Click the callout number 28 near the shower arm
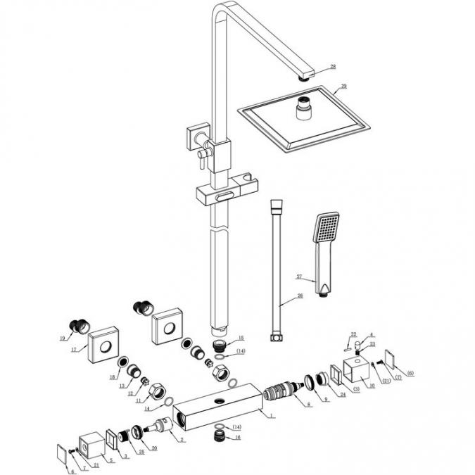tap(333, 67)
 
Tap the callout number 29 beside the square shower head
tap(344, 87)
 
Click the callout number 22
tap(354, 335)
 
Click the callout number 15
tap(240, 338)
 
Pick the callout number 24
tap(342, 395)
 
